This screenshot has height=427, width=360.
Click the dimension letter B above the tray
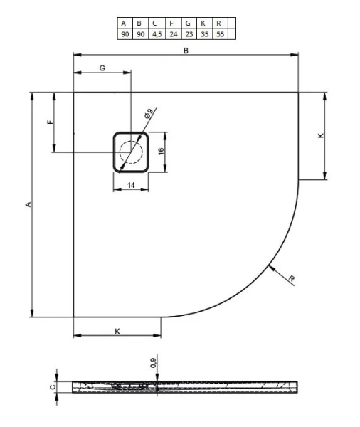point(186,49)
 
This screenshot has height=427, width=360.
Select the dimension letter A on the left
point(28,204)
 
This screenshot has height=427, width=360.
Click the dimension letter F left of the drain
point(50,122)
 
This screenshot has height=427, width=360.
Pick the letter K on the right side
point(322,135)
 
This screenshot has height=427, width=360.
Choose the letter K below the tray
point(117,331)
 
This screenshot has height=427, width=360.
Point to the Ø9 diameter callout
point(149,112)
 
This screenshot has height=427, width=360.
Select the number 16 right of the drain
point(162,151)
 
